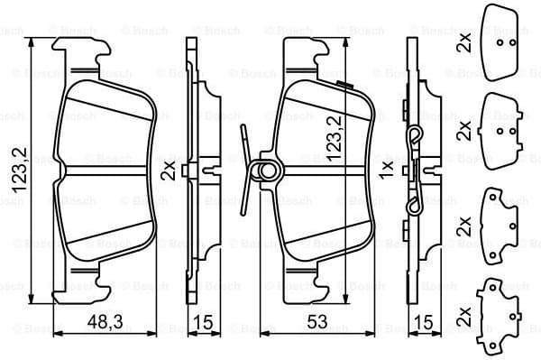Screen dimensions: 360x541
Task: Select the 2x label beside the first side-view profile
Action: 168,171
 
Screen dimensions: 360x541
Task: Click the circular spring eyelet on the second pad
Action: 267,170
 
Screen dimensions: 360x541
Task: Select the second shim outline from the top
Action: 505,128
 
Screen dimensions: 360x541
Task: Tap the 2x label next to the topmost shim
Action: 464,41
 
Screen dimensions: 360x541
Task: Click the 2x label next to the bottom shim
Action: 464,314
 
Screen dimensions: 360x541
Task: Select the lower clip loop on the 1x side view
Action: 414,205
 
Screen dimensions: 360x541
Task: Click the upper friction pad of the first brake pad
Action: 106,122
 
